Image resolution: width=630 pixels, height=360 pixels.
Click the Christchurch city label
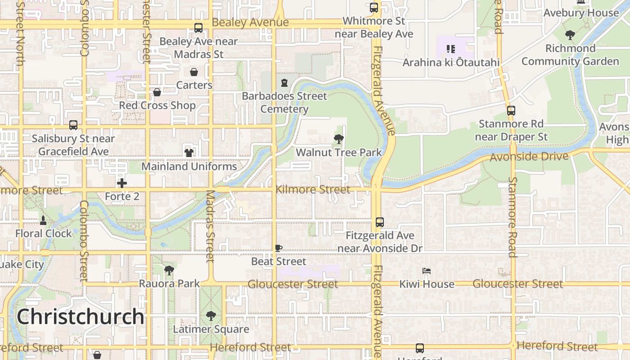pos(81,317)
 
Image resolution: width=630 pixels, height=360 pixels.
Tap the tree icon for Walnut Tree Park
pos(339,139)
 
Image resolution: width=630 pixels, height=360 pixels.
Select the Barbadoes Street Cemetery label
pos(284,103)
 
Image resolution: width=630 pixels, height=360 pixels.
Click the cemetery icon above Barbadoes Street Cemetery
pos(284,83)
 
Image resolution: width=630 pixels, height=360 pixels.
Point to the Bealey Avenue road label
pos(250,22)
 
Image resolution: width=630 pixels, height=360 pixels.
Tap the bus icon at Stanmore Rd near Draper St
pos(511,110)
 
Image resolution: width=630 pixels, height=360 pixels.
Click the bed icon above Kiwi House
pos(427,271)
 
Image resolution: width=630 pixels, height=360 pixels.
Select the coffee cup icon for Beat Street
pos(279,248)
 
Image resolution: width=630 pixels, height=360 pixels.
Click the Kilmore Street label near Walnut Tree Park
pos(313,189)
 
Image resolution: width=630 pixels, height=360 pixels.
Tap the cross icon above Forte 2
pos(122,183)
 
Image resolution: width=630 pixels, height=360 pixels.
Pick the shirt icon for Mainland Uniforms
pos(189,153)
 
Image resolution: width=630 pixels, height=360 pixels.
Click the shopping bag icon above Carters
pos(194,72)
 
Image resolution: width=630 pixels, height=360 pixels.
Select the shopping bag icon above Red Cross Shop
pos(157,92)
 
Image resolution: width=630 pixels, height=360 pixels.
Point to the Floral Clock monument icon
pos(43,220)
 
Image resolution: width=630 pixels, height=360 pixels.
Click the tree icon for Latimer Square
pos(211,316)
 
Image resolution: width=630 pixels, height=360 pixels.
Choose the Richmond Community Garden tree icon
pos(570,35)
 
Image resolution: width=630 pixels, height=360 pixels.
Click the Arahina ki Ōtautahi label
pos(451,63)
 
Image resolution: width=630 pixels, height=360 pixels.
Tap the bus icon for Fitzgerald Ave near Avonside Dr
pos(380,222)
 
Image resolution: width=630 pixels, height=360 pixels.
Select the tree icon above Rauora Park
pos(169,270)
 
